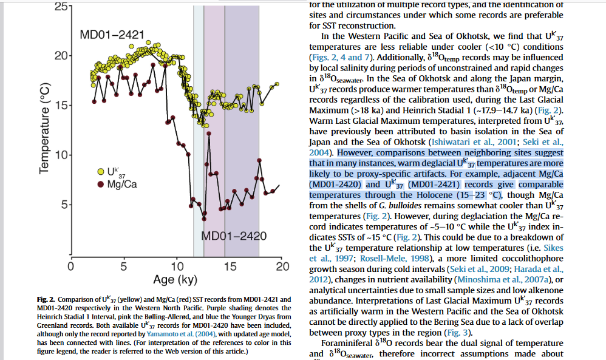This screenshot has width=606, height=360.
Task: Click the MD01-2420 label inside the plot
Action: (x=234, y=236)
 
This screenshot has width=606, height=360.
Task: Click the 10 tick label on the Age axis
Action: (x=177, y=266)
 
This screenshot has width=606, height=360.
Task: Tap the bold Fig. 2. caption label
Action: (x=46, y=300)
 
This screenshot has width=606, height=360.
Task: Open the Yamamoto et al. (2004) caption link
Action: (x=186, y=335)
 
